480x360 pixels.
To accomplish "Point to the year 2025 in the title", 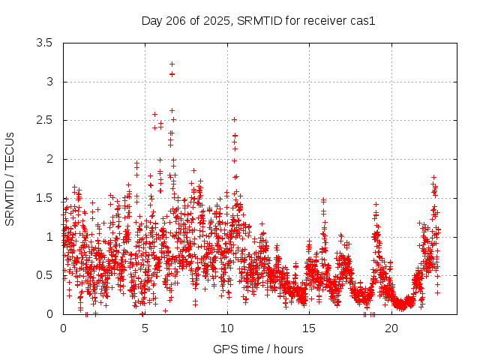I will pyautogui.click(x=216, y=20).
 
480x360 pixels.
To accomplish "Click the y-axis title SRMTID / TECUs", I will pyautogui.click(x=10, y=178).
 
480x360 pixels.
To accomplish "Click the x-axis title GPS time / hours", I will pyautogui.click(x=258, y=349).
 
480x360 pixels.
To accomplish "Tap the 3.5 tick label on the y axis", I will pyautogui.click(x=44, y=43).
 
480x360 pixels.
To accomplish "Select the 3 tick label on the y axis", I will pyautogui.click(x=49, y=82).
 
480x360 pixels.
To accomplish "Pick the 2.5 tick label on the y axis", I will pyautogui.click(x=44, y=120).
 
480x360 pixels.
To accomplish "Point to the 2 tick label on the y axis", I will pyautogui.click(x=49, y=159).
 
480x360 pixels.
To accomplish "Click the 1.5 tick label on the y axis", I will pyautogui.click(x=44, y=198).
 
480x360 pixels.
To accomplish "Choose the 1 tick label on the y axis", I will pyautogui.click(x=49, y=236).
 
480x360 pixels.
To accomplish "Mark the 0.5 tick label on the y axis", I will pyautogui.click(x=44, y=275).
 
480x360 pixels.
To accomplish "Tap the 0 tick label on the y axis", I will pyautogui.click(x=49, y=314).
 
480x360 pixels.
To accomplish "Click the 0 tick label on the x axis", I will pyautogui.click(x=63, y=328).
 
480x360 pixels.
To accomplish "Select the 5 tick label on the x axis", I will pyautogui.click(x=145, y=328).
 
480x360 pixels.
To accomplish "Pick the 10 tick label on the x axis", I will pyautogui.click(x=227, y=328).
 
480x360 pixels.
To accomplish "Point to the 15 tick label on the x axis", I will pyautogui.click(x=310, y=328).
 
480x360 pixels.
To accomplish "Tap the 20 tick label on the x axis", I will pyautogui.click(x=391, y=328).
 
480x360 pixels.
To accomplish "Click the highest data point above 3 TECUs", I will pyautogui.click(x=172, y=64).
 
